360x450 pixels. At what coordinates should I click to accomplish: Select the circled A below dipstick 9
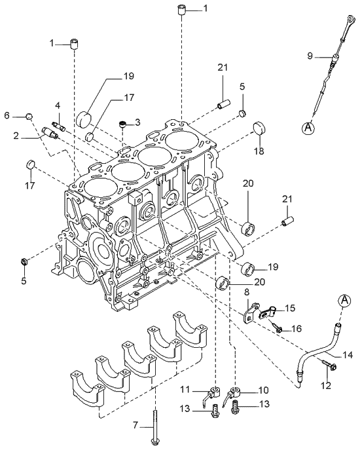coord(308,128)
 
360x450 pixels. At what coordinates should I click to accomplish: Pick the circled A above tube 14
coord(345,299)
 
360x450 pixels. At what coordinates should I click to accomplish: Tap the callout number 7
coord(135,426)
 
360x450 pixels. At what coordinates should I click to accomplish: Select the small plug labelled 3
coord(123,124)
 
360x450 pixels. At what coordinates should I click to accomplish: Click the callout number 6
coord(7,115)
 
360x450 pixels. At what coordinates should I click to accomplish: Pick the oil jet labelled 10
coord(232,396)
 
